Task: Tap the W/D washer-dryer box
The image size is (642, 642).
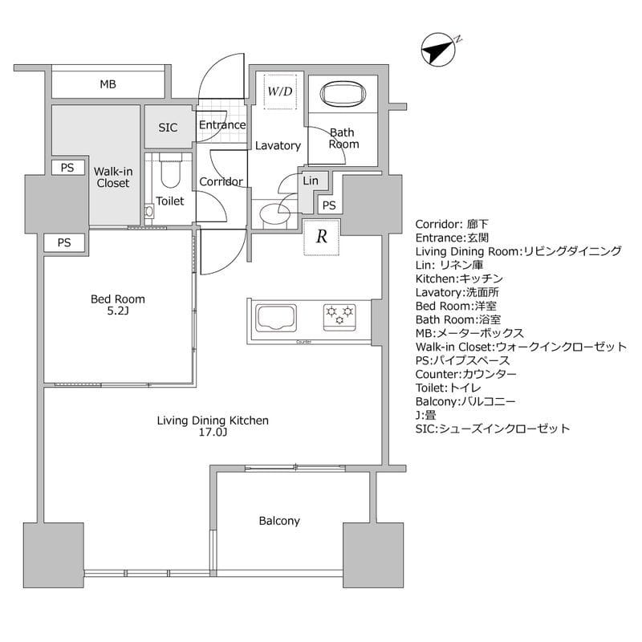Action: point(279,91)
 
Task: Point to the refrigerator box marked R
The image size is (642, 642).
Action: point(321,237)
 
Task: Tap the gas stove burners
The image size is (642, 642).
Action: point(339,315)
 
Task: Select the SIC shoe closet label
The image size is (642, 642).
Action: point(168,127)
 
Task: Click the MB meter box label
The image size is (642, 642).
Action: point(109,84)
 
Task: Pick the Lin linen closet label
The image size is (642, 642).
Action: point(311,181)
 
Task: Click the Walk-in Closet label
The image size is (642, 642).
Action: point(112,177)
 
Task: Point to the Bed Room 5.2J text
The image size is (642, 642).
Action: point(117,305)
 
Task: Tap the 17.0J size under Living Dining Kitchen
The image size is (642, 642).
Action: point(213,433)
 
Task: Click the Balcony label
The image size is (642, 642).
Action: point(279,521)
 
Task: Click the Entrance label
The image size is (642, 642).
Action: point(221,125)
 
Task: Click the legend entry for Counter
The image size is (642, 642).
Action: point(465,373)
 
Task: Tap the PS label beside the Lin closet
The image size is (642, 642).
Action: point(329,205)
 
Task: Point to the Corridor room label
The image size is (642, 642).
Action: point(221,181)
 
